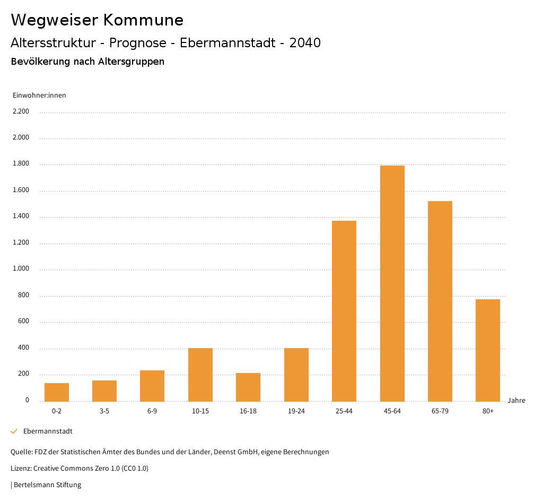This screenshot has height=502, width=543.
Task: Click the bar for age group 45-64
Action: [392, 283]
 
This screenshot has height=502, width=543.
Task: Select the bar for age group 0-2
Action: [57, 392]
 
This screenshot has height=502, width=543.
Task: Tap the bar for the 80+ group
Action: [488, 350]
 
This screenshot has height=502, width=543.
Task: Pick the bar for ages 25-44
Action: [344, 311]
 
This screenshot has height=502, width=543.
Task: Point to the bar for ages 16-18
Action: [248, 387]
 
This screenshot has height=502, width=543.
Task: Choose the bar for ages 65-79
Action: [440, 301]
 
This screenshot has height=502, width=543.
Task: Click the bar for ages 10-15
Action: [200, 375]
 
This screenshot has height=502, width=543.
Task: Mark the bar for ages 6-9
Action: [152, 386]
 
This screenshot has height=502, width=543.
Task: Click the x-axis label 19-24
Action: [296, 411]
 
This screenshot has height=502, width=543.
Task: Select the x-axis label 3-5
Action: [104, 411]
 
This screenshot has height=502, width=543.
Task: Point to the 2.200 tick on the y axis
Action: [21, 111]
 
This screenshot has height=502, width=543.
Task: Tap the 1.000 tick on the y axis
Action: [21, 269]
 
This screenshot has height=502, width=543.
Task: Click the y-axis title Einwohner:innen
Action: [39, 96]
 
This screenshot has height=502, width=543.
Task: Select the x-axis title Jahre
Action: [516, 401]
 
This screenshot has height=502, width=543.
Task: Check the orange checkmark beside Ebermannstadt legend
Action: [14, 431]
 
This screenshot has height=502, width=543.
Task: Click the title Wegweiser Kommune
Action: [97, 20]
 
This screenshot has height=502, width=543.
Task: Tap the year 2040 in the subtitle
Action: [305, 43]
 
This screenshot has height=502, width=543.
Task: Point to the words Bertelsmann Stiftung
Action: [47, 485]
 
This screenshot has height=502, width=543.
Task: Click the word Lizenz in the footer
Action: [21, 469]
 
